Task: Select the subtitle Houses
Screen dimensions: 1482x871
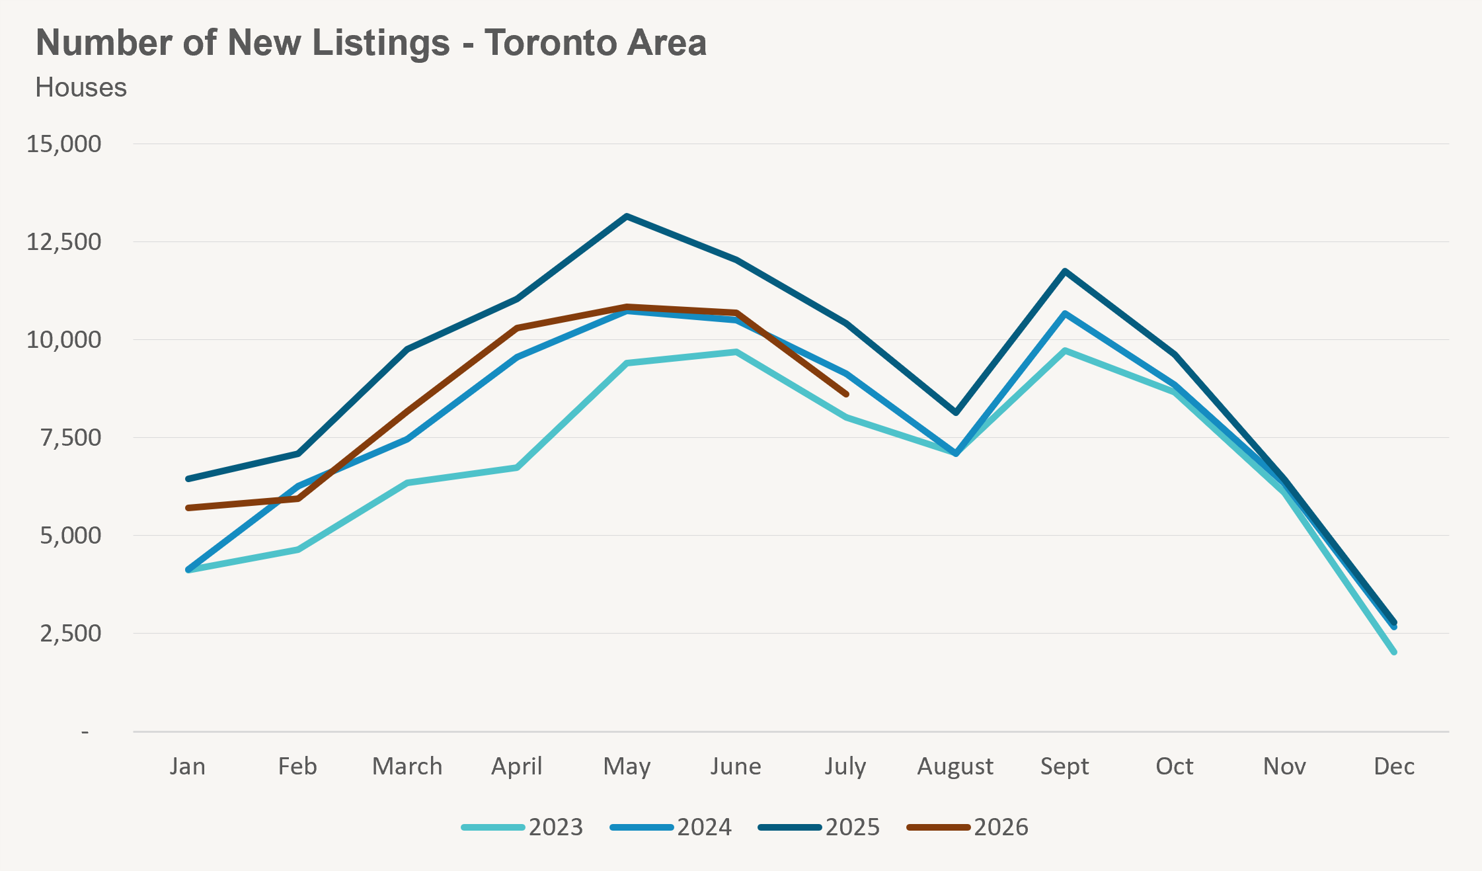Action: coord(81,87)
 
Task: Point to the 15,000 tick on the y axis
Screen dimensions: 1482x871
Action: coord(64,144)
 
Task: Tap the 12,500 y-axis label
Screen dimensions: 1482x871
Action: coord(64,241)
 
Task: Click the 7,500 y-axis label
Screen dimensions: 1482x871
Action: coord(71,437)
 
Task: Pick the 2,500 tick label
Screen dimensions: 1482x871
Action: coord(71,633)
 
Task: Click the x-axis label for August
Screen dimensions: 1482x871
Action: coord(955,767)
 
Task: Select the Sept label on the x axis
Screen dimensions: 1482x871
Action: coord(1065,767)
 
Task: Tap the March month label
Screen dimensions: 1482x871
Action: coord(407,766)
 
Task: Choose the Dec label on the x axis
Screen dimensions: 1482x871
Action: coord(1394,766)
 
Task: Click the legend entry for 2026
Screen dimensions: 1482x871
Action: coord(968,827)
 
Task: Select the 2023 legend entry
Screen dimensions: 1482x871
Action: coord(522,827)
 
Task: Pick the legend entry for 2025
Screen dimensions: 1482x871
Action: coord(820,827)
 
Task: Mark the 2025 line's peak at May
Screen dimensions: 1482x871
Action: coord(627,216)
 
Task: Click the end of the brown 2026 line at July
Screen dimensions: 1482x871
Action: coord(846,394)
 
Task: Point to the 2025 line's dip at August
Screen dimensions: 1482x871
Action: coord(956,413)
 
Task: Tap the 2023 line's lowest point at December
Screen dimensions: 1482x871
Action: coord(1394,652)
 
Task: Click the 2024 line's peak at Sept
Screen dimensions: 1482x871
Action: coord(1065,313)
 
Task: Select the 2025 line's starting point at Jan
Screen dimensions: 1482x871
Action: coord(188,479)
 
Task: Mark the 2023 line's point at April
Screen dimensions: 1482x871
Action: coord(517,468)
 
